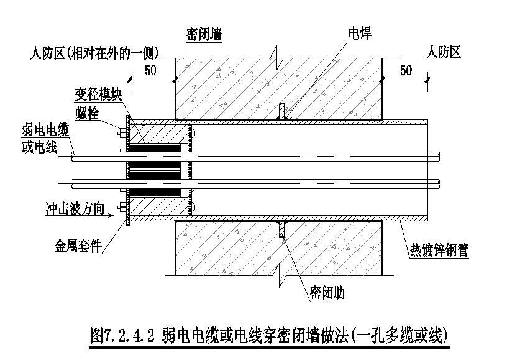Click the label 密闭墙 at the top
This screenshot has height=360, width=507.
click(x=203, y=34)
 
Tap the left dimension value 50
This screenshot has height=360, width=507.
click(x=151, y=70)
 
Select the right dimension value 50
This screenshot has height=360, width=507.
click(x=406, y=70)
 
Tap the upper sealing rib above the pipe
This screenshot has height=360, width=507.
click(x=282, y=111)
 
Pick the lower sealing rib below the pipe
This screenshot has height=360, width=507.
click(x=282, y=229)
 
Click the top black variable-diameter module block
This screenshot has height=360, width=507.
click(x=155, y=149)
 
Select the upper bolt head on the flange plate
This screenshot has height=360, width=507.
click(x=121, y=131)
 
